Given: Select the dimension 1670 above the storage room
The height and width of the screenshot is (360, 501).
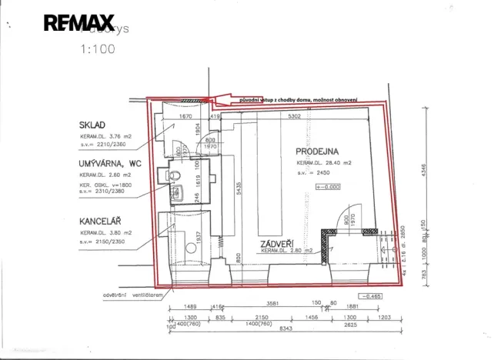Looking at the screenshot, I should pos(185,117).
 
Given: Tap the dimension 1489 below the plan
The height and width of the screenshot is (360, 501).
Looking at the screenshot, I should pos(182,305).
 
